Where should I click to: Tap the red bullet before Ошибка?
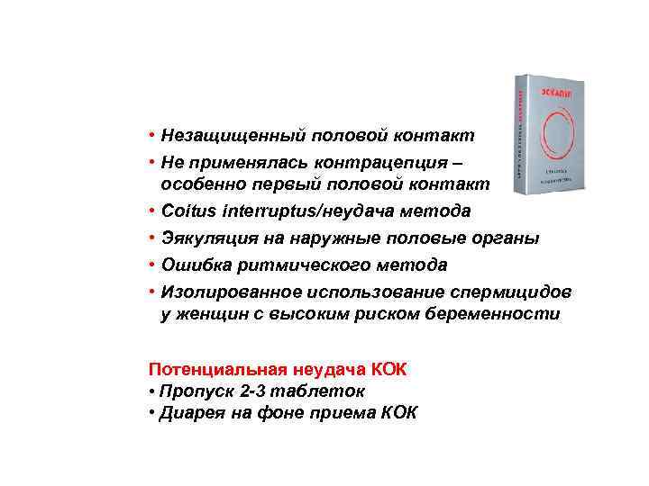point(154,265)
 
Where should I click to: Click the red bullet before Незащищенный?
point(154,135)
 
